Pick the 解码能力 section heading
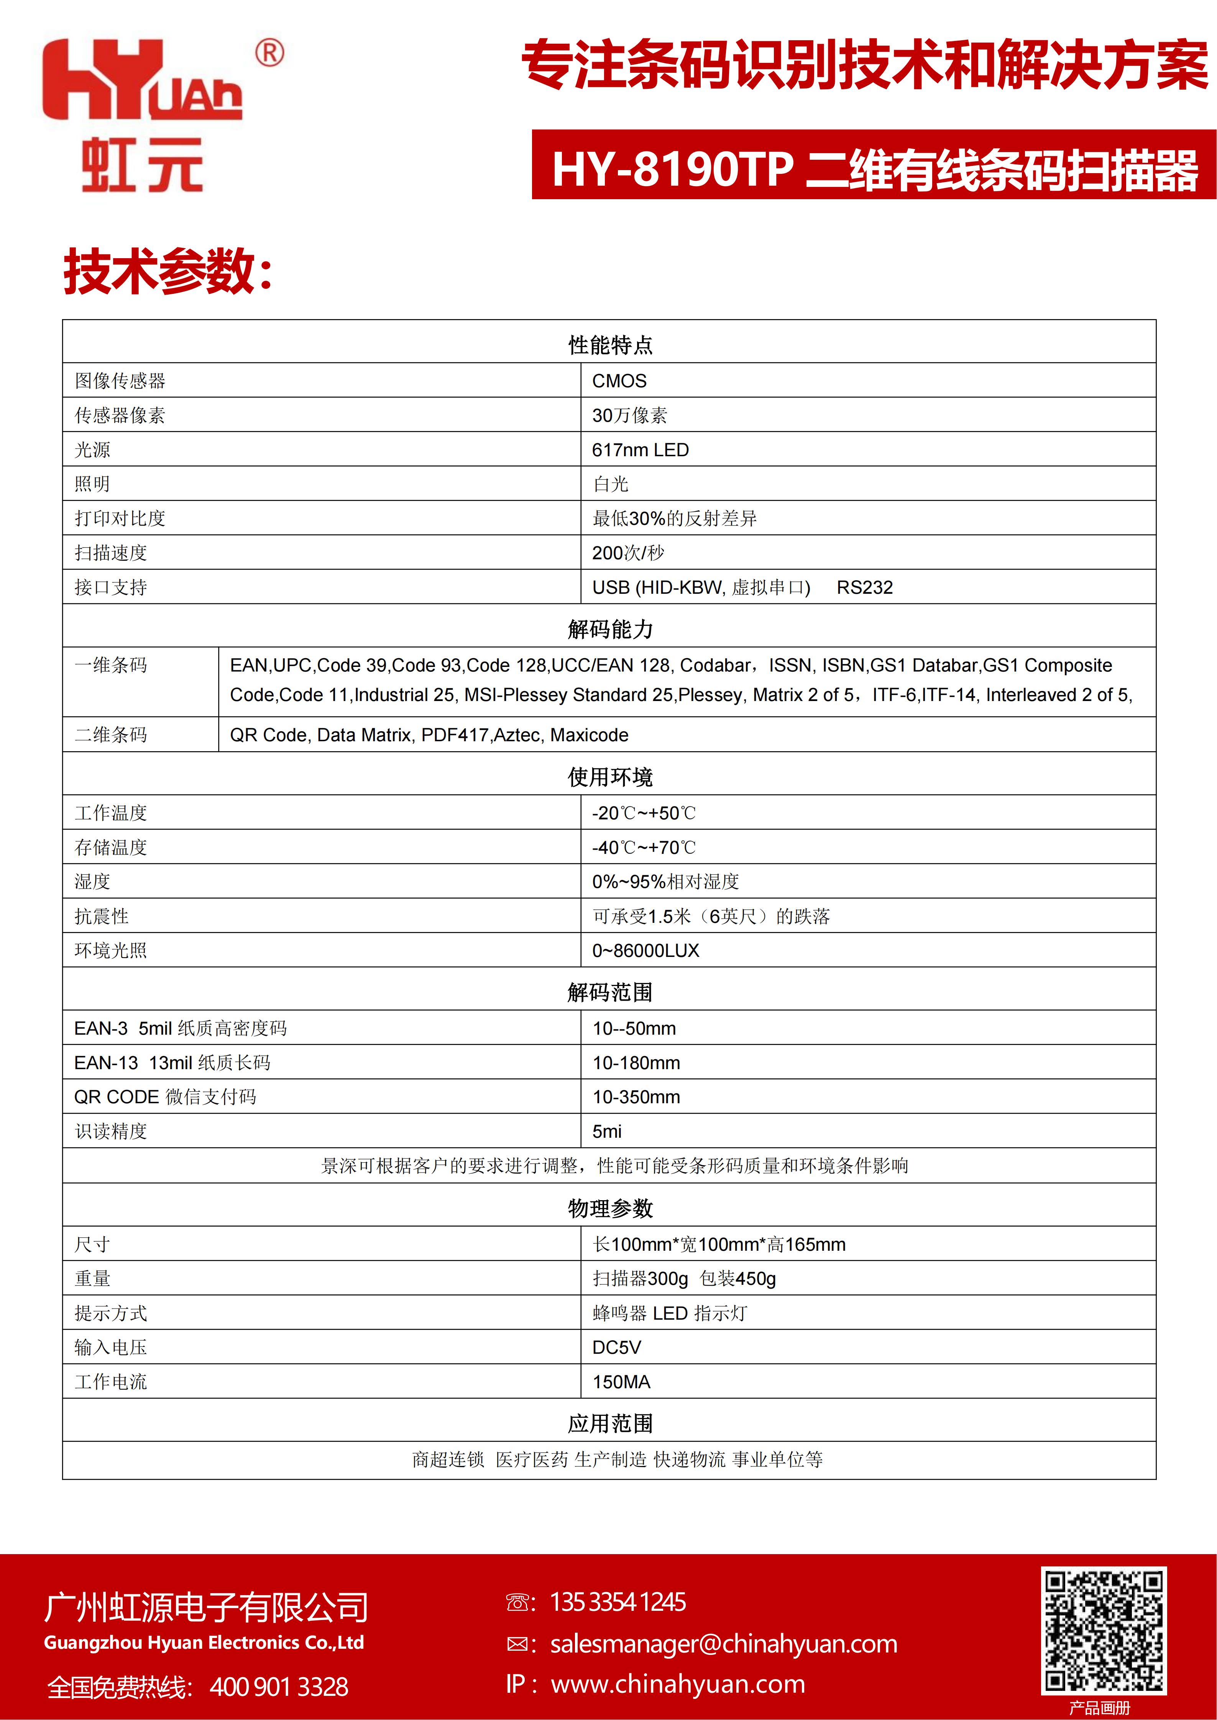pos(610,629)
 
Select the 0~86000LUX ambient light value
pos(645,951)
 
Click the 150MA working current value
pos(621,1382)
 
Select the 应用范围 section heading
pos(610,1424)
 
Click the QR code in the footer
pos(1103,1630)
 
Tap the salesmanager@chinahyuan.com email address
pos(723,1644)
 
